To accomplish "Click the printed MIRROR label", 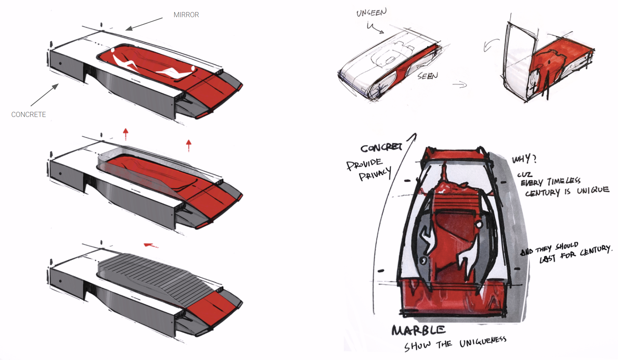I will click(186, 15).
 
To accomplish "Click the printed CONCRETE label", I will click(29, 114).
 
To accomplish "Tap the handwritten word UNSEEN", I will click(371, 13).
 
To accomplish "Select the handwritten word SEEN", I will click(428, 76).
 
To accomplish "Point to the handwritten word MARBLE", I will click(418, 330).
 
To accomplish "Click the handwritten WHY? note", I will click(524, 159).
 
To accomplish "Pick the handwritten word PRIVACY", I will click(375, 174).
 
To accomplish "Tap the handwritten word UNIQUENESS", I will click(482, 342).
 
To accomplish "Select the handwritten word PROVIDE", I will click(364, 164).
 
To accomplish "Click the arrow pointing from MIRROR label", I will click(144, 24).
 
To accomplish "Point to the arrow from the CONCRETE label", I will click(45, 95).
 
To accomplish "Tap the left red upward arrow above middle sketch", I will click(126, 134).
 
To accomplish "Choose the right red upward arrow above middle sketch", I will click(189, 145).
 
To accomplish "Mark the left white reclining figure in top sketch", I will click(124, 60).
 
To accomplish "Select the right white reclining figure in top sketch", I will click(175, 72).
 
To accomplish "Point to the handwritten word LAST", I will click(547, 259).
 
